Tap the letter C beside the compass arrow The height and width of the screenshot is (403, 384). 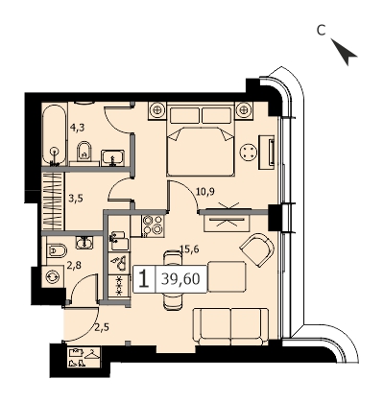click(321, 30)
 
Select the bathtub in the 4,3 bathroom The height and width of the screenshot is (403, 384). click(55, 135)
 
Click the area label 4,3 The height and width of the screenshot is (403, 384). click(77, 128)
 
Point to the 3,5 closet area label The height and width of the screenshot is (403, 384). click(76, 199)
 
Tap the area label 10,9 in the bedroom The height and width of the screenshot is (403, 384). click(204, 192)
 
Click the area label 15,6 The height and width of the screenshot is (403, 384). click(189, 249)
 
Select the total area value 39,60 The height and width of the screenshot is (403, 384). click(180, 279)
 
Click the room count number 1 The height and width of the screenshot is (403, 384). click(144, 278)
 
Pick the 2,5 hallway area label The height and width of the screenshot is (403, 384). click(102, 327)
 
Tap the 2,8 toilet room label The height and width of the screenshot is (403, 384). click(73, 265)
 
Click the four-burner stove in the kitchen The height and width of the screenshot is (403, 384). click(153, 225)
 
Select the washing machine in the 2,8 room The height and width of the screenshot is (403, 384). click(53, 276)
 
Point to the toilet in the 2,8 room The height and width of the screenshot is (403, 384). click(57, 250)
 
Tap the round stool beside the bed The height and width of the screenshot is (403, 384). click(249, 151)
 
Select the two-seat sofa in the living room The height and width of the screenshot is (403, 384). click(230, 326)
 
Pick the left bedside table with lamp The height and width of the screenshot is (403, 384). click(157, 110)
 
